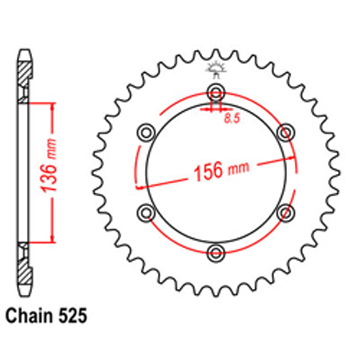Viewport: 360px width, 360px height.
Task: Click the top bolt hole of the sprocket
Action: pyautogui.click(x=216, y=90)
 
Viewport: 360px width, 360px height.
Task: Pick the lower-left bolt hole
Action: pyautogui.click(x=146, y=212)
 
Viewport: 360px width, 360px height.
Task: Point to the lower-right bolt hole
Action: pyautogui.click(x=285, y=212)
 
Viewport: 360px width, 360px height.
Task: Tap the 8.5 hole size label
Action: pyautogui.click(x=232, y=119)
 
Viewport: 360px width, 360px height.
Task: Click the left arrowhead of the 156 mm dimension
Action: pyautogui.click(x=139, y=187)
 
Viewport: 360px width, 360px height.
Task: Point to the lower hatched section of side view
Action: pyautogui.click(x=24, y=270)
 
